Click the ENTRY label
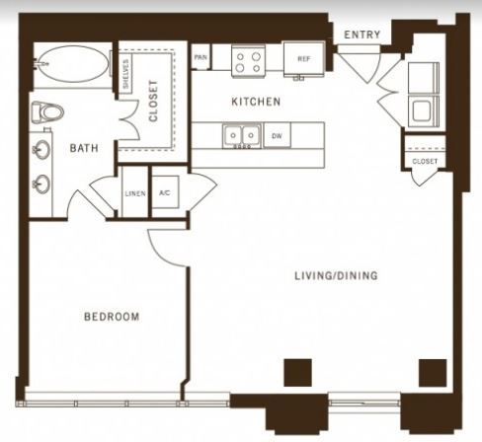pos(362,35)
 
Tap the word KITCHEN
pos(256,102)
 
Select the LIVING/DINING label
pos(336,275)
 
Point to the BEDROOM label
pos(112,317)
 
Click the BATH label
pos(84,148)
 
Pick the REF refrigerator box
pos(304,59)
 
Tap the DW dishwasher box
pos(277,135)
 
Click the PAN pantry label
pos(201,57)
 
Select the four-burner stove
pos(248,61)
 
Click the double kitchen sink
pos(242,136)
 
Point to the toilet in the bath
pos(47,112)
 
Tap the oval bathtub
pos(73,64)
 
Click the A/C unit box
pos(165,192)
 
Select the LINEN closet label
pos(135,193)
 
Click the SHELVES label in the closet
pos(125,74)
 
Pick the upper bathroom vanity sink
pos(41,150)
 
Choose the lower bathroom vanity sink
pos(41,184)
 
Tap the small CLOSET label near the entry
pos(425,162)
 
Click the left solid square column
pos(297,373)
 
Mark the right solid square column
pos(433,373)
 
